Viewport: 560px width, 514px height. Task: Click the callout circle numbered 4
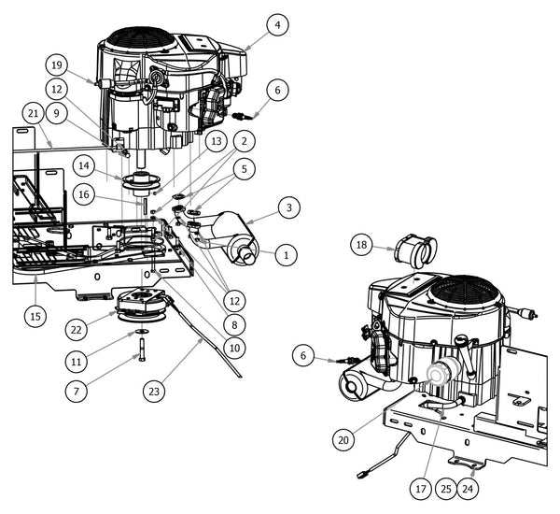point(275,26)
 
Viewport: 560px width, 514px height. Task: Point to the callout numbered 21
point(34,114)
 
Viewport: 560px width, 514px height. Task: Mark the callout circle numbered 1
point(287,253)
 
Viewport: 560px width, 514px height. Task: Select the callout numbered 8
point(235,325)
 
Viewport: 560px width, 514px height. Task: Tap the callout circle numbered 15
point(35,316)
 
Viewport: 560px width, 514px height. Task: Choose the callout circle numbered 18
point(364,245)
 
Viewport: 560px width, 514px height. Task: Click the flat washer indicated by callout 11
point(139,332)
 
